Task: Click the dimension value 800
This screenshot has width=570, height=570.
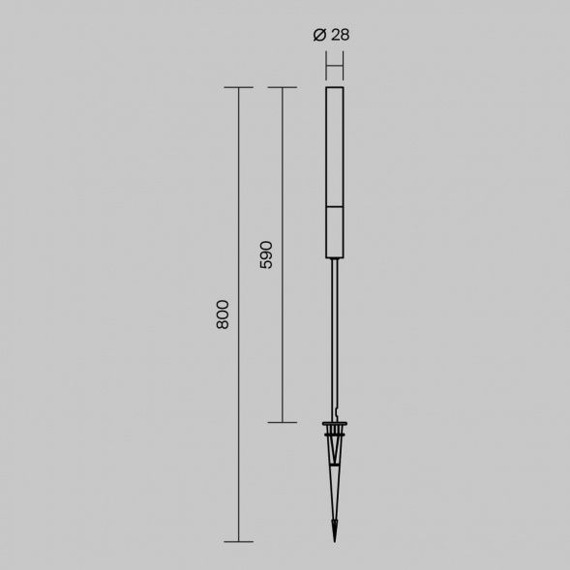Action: (x=223, y=315)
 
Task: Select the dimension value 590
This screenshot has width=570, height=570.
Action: (x=266, y=255)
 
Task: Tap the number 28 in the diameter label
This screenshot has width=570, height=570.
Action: (x=341, y=35)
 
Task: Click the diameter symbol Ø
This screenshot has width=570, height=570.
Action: (x=319, y=35)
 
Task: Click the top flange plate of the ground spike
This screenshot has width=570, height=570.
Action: (x=335, y=424)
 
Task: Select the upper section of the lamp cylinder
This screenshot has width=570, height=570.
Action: (x=335, y=147)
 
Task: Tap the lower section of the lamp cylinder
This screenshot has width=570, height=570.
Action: (x=335, y=232)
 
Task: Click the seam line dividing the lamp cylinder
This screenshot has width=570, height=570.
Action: (x=335, y=207)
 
